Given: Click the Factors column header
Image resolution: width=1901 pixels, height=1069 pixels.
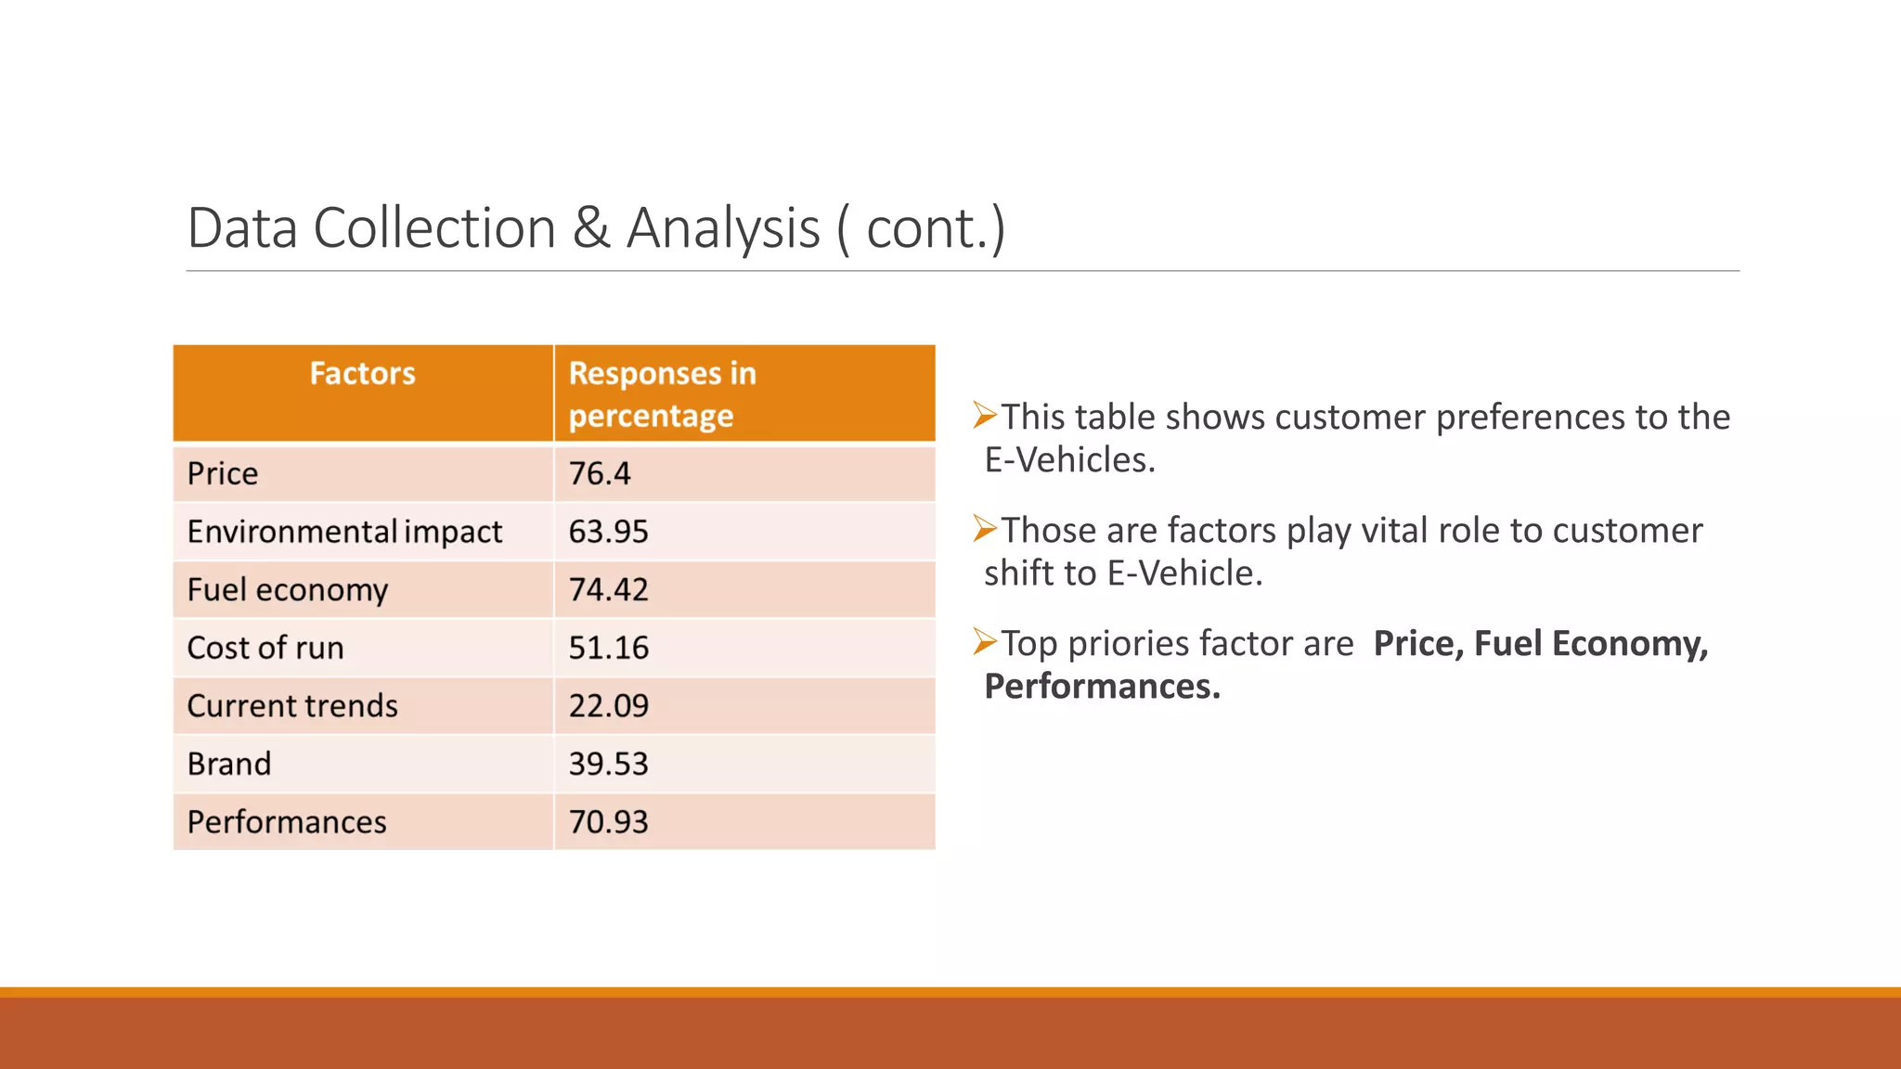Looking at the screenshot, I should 362,374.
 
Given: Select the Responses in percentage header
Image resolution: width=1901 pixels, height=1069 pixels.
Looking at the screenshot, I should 661,394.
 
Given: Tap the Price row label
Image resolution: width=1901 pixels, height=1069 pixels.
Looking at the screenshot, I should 223,474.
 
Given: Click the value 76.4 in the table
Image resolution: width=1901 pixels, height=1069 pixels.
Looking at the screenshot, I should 600,474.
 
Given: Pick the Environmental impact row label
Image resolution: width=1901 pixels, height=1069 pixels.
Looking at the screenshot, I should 344,532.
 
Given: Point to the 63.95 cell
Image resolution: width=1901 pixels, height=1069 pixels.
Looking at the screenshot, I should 608,532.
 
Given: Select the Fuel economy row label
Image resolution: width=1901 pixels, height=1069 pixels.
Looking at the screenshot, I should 288,590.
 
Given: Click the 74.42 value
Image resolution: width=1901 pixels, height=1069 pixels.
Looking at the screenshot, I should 608,590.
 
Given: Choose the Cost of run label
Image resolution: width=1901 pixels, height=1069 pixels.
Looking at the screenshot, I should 265,648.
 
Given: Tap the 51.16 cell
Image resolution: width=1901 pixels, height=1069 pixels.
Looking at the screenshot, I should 608,648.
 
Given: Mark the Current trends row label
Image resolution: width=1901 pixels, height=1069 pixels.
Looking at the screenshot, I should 292,706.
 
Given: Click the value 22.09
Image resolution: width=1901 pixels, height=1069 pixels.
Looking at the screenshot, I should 608,706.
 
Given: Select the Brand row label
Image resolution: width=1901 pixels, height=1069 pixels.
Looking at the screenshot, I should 229,764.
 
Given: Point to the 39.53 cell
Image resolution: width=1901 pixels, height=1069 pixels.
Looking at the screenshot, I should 608,764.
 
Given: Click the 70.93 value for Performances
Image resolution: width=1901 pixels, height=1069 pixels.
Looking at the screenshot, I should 608,822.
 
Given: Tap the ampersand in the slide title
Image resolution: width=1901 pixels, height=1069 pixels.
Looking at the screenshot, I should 591,229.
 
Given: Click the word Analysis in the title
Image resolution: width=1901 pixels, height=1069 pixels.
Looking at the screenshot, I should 723,229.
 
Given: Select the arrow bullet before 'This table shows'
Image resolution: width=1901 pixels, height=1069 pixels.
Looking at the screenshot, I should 984,415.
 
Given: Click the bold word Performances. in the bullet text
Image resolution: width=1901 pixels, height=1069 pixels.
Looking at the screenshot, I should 1102,687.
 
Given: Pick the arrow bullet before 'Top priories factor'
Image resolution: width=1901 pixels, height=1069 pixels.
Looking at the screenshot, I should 984,641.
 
